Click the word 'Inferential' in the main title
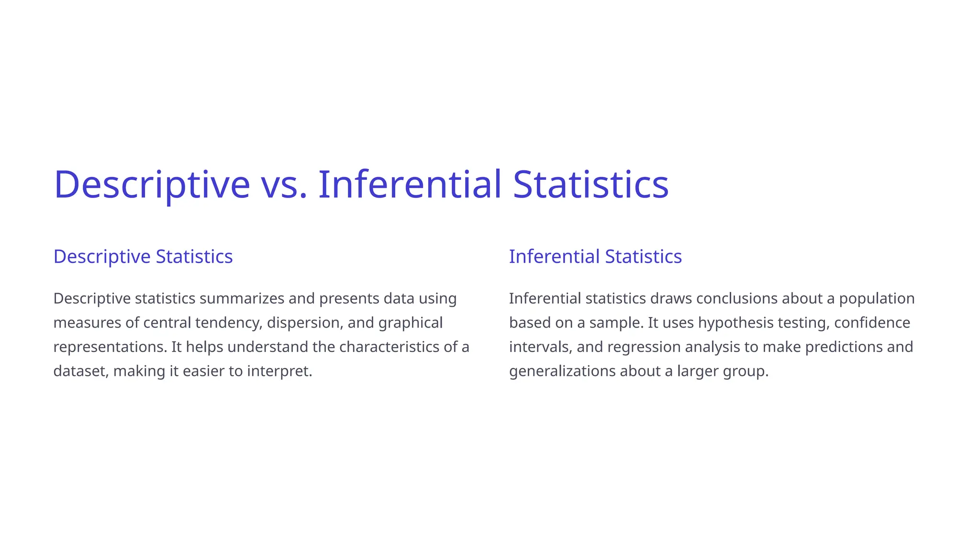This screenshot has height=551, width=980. coord(410,184)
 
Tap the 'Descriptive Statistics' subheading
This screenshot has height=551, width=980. coord(143,256)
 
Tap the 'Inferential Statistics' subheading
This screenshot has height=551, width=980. coord(595,256)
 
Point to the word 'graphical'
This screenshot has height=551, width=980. coord(410,323)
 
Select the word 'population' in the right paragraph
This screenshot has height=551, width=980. coord(877,298)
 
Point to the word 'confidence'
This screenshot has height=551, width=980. coord(872,323)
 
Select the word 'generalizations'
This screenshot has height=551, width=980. coord(562,371)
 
